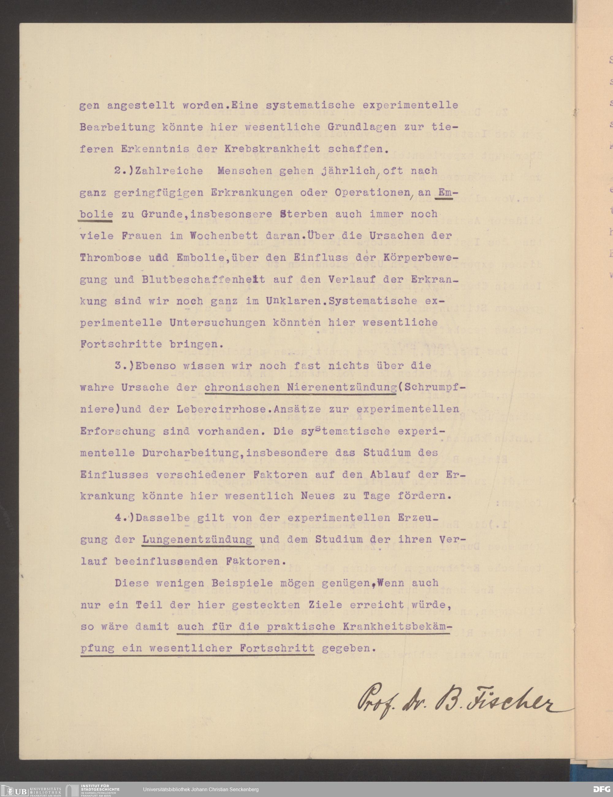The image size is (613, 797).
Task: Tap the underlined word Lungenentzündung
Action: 197,539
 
